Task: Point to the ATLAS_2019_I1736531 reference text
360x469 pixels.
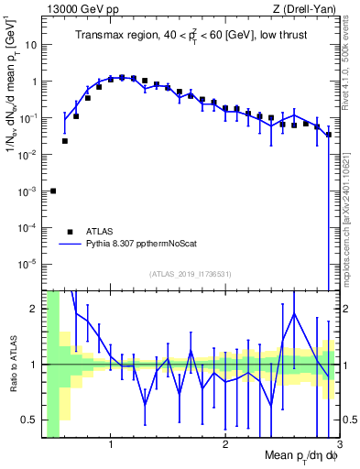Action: [x=190, y=274]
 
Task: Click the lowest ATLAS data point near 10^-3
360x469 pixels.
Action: [x=53, y=191]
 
